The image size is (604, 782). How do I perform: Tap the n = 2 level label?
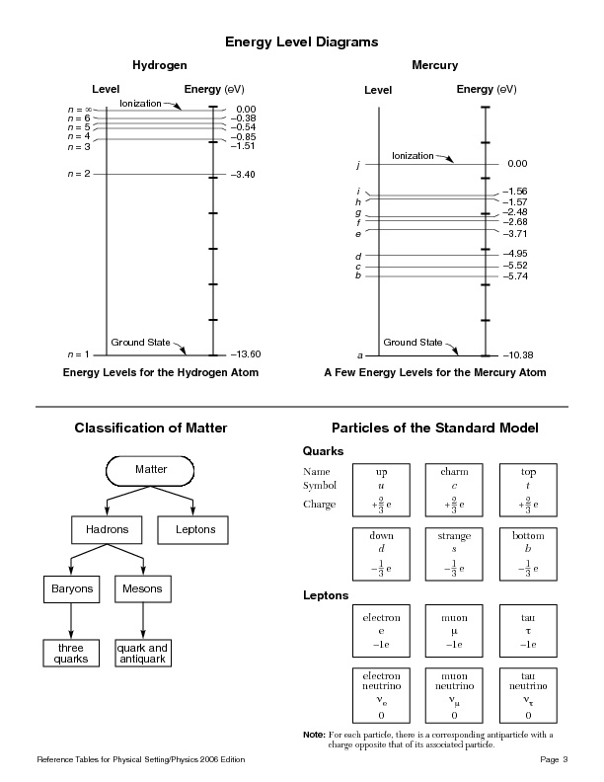pyautogui.click(x=79, y=174)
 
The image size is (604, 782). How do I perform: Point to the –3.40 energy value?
pyautogui.click(x=242, y=175)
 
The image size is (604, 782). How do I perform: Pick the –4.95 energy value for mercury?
pyautogui.click(x=515, y=255)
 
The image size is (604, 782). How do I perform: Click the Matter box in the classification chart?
pyautogui.click(x=151, y=469)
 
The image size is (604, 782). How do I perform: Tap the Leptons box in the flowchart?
pyautogui.click(x=195, y=530)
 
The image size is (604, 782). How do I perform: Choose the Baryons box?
pyautogui.click(x=70, y=589)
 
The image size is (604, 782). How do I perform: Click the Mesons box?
pyautogui.click(x=143, y=589)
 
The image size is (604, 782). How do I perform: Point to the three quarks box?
pyautogui.click(x=70, y=653)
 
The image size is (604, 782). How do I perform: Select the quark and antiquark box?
pyautogui.click(x=143, y=653)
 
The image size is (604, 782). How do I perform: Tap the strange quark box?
pyautogui.click(x=455, y=553)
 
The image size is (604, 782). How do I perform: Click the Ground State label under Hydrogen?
pyautogui.click(x=140, y=342)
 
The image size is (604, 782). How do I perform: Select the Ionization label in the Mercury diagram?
pyautogui.click(x=413, y=156)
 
